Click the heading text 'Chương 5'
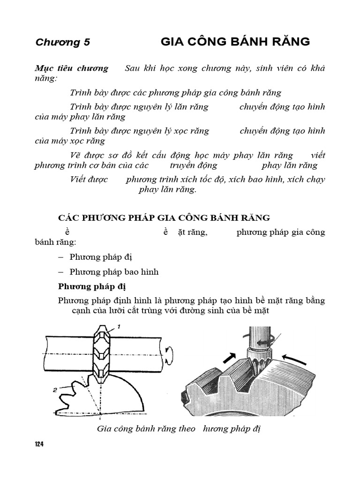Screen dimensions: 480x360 [62, 43]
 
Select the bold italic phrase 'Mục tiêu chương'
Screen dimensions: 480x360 [72, 68]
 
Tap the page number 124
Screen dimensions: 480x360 [39, 444]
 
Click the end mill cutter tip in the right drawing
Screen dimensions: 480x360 [255, 366]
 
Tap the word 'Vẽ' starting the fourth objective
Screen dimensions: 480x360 [75, 155]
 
